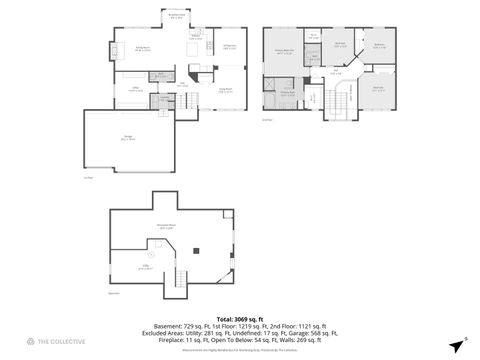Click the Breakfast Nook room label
click(176, 16)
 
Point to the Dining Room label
click(228, 47)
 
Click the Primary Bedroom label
click(284, 50)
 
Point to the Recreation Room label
click(167, 227)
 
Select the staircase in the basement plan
click(181, 282)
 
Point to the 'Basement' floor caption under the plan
click(113, 293)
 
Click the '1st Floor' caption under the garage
click(88, 178)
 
